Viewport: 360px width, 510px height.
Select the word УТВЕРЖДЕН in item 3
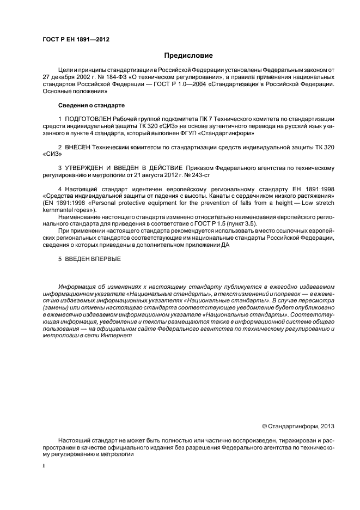pyautogui.click(x=85, y=168)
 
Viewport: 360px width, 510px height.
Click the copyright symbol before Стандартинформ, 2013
pyautogui.click(x=265, y=426)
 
